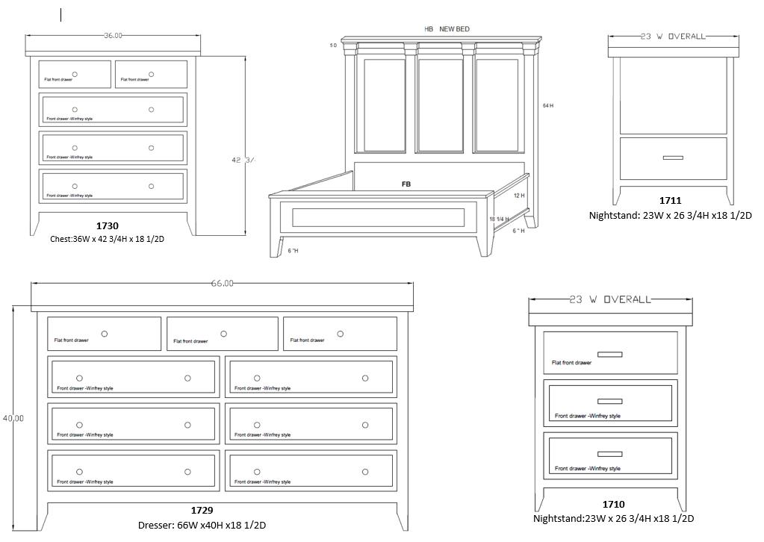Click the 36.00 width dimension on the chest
[x=113, y=36]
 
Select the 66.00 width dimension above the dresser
[x=222, y=283]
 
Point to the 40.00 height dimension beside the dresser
[x=13, y=418]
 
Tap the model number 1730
[x=107, y=225]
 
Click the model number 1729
[x=202, y=511]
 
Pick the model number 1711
[x=670, y=201]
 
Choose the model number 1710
[x=613, y=505]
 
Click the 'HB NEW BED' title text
[x=447, y=29]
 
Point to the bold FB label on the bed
[x=406, y=184]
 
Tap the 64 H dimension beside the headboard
[x=548, y=106]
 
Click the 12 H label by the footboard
[x=519, y=196]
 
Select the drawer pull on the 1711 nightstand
[x=673, y=158]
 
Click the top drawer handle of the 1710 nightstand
[x=610, y=354]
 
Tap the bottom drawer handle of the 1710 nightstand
[x=610, y=454]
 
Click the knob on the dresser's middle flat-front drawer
[x=223, y=334]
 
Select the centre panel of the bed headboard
[x=441, y=105]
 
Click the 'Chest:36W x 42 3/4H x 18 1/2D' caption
[x=107, y=239]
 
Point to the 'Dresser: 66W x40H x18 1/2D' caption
[x=202, y=525]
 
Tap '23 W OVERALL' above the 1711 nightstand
[x=673, y=36]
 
